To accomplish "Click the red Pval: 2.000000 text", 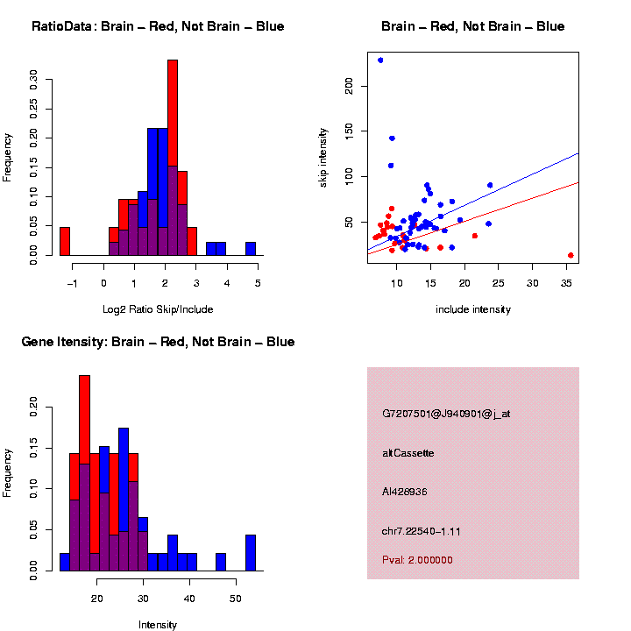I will (x=417, y=560).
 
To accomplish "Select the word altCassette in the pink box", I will (x=408, y=453).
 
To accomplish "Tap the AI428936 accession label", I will (x=405, y=492).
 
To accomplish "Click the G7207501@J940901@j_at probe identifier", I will (x=446, y=414).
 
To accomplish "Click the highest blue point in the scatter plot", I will (x=380, y=60).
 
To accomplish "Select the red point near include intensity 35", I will (x=571, y=255).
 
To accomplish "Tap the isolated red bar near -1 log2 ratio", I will (x=65, y=241).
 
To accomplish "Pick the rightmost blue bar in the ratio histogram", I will (x=251, y=249).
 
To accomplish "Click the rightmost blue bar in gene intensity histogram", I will (x=251, y=552).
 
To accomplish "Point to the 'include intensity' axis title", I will (x=473, y=309).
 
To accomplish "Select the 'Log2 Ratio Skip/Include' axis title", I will (x=158, y=309).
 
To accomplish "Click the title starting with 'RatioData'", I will (x=158, y=26).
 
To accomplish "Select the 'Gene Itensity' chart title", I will (x=158, y=342).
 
